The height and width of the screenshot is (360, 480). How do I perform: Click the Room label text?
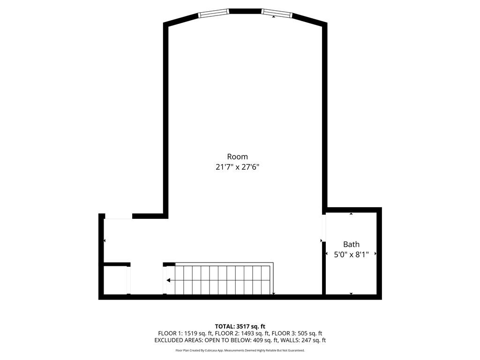click(237, 157)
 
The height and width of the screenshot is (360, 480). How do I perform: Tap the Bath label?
click(351, 244)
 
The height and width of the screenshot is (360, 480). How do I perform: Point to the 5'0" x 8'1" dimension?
click(351, 255)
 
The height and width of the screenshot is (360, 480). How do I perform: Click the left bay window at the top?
click(214, 13)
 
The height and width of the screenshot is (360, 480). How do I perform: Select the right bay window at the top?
click(277, 13)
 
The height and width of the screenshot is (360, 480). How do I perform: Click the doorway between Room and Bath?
click(324, 227)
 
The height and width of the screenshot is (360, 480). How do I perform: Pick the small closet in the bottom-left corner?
click(115, 280)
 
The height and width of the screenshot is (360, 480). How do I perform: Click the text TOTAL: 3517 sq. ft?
click(240, 326)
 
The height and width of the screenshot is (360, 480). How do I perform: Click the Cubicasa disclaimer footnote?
click(240, 350)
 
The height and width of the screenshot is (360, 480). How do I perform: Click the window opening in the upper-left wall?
click(118, 216)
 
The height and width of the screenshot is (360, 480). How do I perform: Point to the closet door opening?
click(129, 280)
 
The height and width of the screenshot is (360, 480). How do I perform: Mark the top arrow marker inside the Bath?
click(351, 214)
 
